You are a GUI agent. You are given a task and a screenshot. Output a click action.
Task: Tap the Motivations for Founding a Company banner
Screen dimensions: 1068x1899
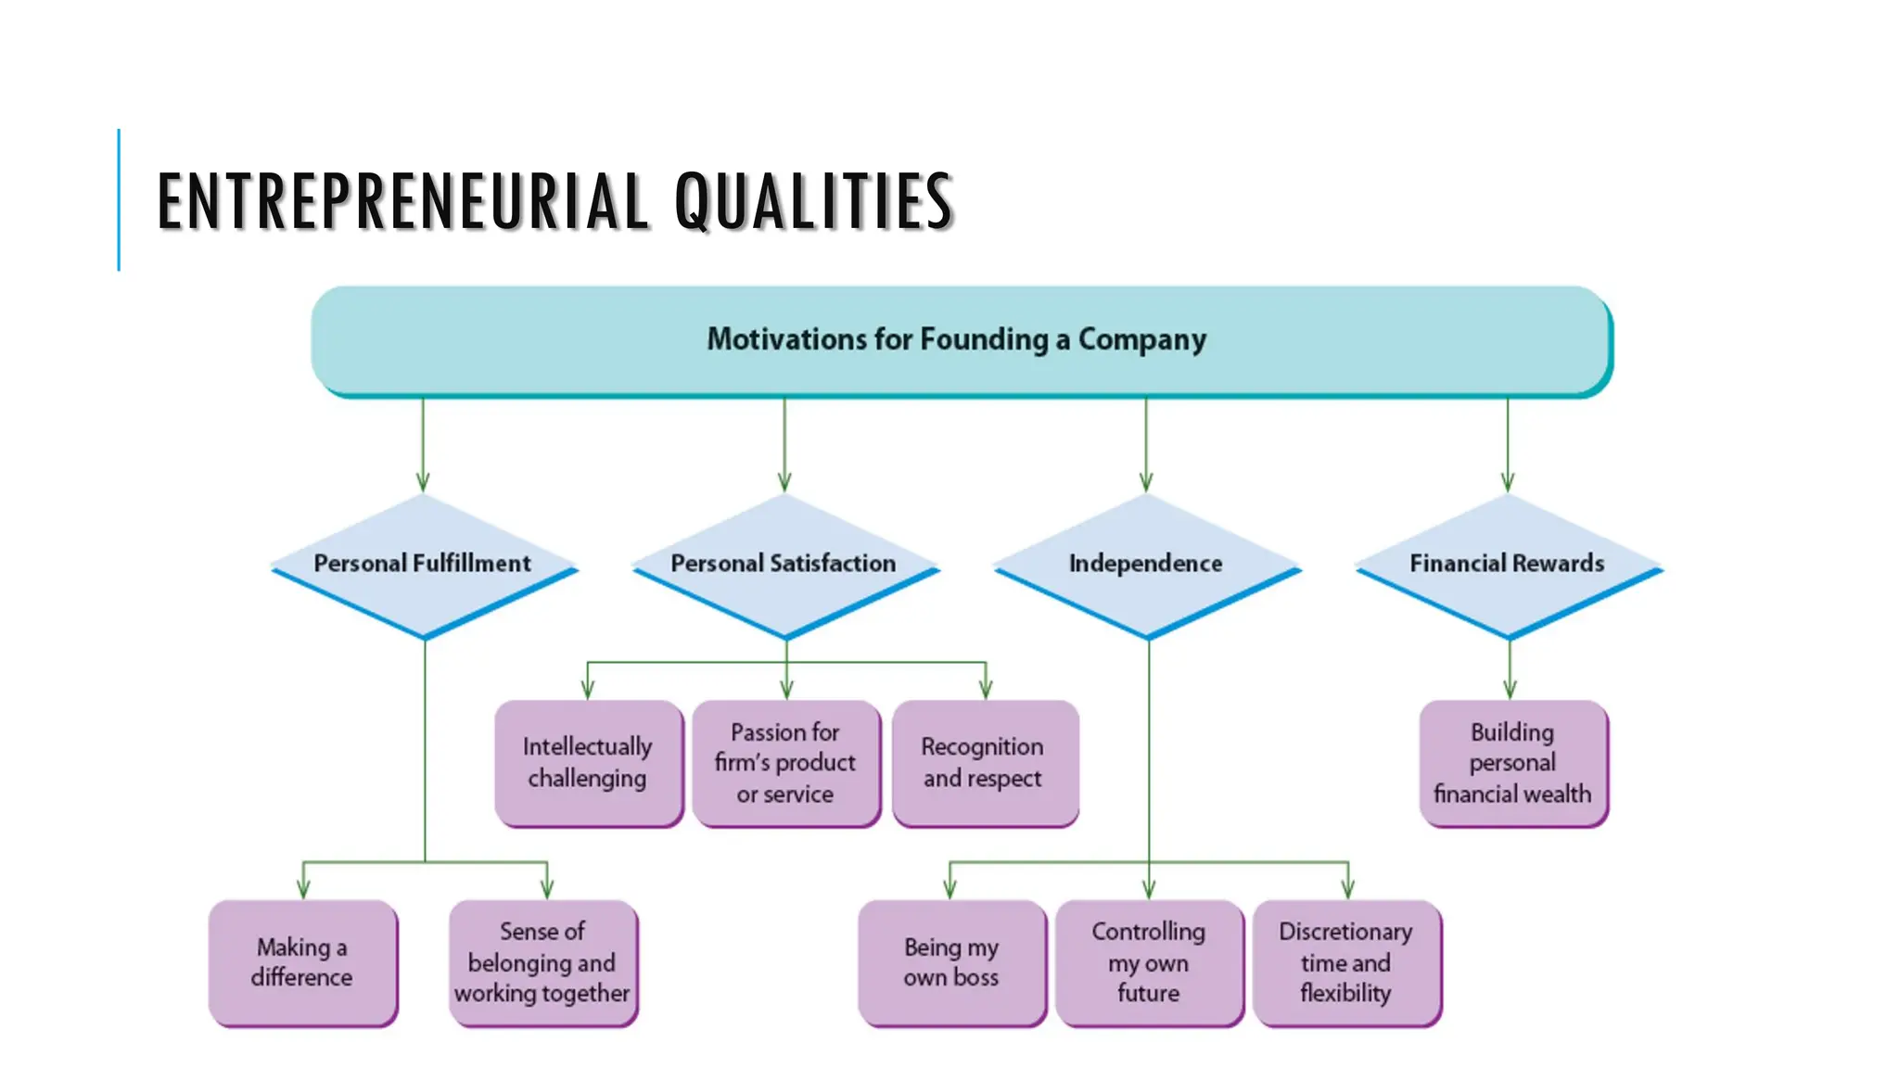click(961, 339)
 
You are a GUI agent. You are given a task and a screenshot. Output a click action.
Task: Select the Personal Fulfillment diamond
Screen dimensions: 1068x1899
click(424, 564)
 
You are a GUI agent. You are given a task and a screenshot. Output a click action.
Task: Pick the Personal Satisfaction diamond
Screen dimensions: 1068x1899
click(784, 564)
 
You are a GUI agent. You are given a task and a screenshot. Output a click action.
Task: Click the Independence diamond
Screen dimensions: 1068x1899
click(1146, 564)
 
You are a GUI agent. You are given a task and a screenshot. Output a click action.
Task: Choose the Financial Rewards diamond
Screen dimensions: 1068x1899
click(1508, 564)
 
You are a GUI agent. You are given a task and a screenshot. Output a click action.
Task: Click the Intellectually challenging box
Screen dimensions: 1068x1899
click(588, 762)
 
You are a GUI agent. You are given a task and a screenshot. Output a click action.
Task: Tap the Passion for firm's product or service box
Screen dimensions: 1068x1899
click(785, 762)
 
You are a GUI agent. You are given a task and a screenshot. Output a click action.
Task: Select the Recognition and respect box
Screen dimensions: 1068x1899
click(984, 762)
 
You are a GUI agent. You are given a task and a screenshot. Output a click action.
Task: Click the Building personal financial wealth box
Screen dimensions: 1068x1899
click(1512, 762)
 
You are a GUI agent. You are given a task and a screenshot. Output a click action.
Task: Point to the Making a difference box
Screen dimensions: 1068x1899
click(302, 962)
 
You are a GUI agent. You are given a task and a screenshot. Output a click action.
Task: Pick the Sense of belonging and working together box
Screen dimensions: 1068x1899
click(542, 962)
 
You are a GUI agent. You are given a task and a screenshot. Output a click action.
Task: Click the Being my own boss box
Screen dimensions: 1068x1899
click(951, 962)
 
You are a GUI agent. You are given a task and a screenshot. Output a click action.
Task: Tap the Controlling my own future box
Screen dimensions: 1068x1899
click(1149, 962)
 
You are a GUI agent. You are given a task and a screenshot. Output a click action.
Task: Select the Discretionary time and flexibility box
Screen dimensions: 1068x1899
click(1346, 962)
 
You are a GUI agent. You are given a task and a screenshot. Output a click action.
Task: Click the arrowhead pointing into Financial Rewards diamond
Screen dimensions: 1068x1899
click(1508, 483)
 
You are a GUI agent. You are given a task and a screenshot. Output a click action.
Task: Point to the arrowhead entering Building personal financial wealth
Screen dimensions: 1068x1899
click(1510, 690)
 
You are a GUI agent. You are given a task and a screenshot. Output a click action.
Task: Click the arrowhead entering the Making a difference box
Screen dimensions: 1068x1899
click(303, 889)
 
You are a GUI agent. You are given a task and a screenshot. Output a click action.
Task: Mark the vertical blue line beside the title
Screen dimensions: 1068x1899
click(119, 200)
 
